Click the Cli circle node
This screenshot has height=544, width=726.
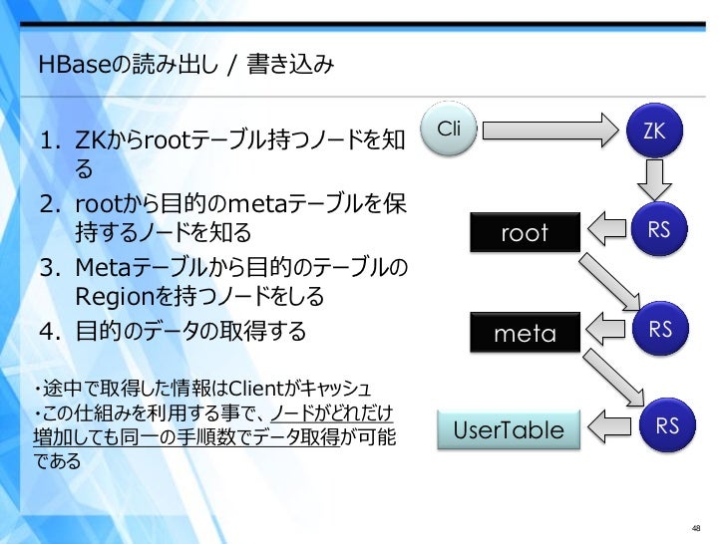450,131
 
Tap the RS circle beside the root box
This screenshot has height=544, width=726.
658,231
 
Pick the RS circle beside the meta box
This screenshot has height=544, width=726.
660,329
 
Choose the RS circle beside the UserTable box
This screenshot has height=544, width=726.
666,426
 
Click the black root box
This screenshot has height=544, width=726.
525,233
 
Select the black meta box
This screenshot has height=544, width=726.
525,333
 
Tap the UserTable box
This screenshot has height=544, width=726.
508,430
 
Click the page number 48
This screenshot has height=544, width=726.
698,527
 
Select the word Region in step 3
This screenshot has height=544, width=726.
109,298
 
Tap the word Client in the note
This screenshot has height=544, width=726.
230,387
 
